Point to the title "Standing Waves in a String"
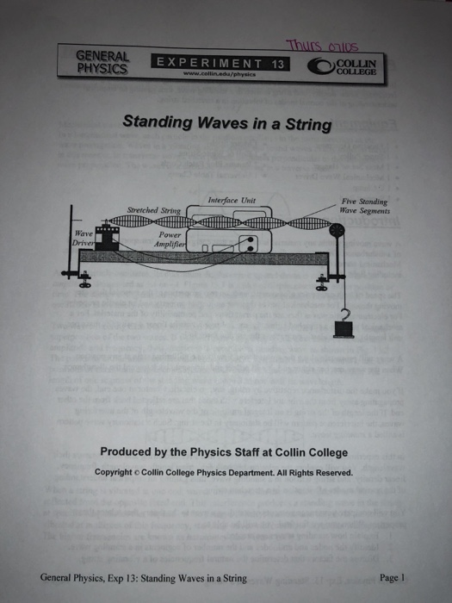(x=226, y=124)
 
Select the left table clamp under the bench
(x=84, y=279)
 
